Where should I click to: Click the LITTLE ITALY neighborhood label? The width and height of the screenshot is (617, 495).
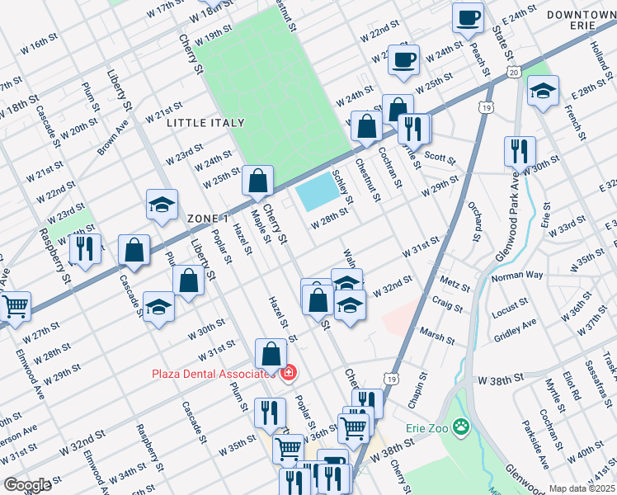click(x=205, y=123)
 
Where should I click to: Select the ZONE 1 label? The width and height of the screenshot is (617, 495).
click(x=207, y=218)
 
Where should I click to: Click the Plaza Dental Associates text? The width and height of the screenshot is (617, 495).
click(x=213, y=374)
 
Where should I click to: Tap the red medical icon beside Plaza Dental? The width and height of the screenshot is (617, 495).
click(x=288, y=374)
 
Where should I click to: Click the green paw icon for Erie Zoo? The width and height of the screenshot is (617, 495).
click(x=461, y=427)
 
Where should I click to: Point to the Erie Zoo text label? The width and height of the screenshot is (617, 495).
click(x=426, y=427)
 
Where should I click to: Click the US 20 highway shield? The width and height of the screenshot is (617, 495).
click(x=513, y=74)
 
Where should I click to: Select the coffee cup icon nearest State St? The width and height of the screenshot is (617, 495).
click(x=468, y=18)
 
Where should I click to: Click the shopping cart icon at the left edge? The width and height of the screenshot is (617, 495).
click(x=14, y=306)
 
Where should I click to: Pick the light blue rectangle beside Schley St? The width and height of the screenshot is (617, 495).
click(x=319, y=194)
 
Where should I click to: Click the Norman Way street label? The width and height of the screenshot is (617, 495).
click(x=517, y=275)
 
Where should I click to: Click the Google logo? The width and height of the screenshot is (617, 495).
click(x=27, y=485)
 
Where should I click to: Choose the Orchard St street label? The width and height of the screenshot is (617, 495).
click(x=477, y=221)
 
